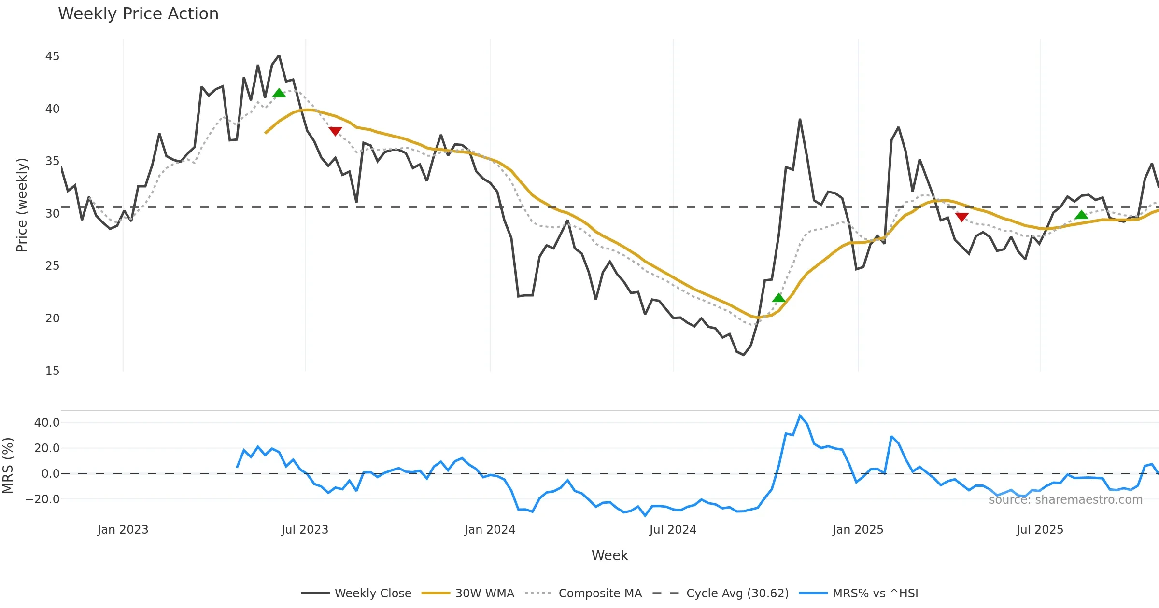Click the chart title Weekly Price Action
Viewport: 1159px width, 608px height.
pyautogui.click(x=138, y=14)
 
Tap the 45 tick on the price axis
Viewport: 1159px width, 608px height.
pyautogui.click(x=52, y=56)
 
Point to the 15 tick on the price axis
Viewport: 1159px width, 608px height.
pyautogui.click(x=52, y=371)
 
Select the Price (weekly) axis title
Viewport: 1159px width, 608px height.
pyautogui.click(x=22, y=205)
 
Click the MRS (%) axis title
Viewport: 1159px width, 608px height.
pyautogui.click(x=8, y=466)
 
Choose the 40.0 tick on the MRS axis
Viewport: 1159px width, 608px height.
pyautogui.click(x=47, y=423)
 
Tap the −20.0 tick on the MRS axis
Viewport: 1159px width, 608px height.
pyautogui.click(x=43, y=499)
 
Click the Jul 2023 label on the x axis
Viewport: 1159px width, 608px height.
pyautogui.click(x=305, y=530)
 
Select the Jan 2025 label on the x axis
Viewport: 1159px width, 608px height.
pyautogui.click(x=858, y=530)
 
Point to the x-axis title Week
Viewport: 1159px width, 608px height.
pyautogui.click(x=609, y=556)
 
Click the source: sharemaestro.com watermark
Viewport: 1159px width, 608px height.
pyautogui.click(x=1065, y=500)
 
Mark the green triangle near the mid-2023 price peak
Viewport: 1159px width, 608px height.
pyautogui.click(x=279, y=93)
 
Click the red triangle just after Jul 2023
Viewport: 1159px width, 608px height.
pyautogui.click(x=335, y=131)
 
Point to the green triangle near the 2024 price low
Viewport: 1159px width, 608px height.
pyautogui.click(x=778, y=298)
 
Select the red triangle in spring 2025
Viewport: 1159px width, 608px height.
pyautogui.click(x=962, y=217)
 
